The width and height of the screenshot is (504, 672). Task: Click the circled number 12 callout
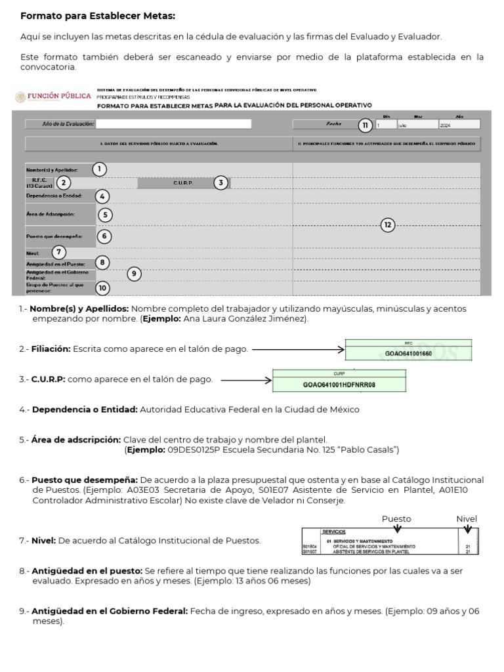pyautogui.click(x=388, y=225)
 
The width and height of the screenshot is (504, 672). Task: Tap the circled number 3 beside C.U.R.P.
pyautogui.click(x=221, y=183)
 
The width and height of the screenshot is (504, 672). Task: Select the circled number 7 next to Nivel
pyautogui.click(x=59, y=252)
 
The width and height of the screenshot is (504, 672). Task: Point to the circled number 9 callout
pyautogui.click(x=135, y=274)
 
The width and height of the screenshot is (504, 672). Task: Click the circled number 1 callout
pyautogui.click(x=98, y=169)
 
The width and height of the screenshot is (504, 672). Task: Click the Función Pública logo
pyautogui.click(x=53, y=96)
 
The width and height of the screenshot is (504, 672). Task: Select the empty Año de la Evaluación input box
pyautogui.click(x=173, y=123)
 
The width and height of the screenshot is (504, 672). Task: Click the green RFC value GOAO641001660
pyautogui.click(x=408, y=354)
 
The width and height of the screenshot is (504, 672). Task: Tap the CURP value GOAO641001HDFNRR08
pyautogui.click(x=339, y=385)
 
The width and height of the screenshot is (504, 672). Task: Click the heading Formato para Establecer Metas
pyautogui.click(x=98, y=16)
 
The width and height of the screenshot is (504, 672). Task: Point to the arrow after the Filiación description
pyautogui.click(x=298, y=350)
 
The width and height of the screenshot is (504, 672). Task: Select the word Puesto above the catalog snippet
pyautogui.click(x=396, y=518)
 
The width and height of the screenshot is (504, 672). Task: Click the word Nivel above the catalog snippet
pyautogui.click(x=467, y=518)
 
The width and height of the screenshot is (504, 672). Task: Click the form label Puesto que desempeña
pyautogui.click(x=54, y=236)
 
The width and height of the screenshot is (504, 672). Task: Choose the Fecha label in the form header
pyautogui.click(x=334, y=123)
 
